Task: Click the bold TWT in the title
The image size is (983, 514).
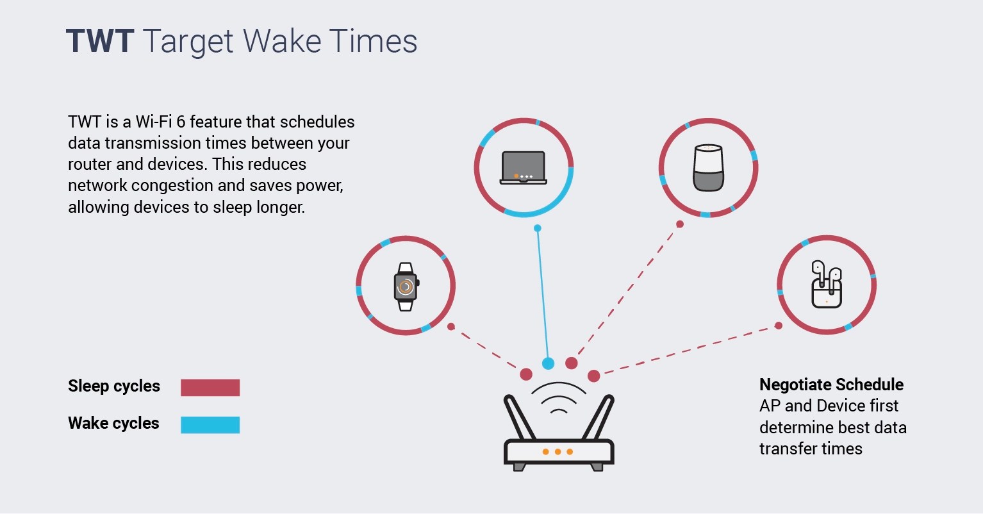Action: (x=100, y=42)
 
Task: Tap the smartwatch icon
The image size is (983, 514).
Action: (x=406, y=286)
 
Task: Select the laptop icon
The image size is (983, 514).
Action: (x=524, y=168)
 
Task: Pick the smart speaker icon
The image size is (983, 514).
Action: (x=708, y=168)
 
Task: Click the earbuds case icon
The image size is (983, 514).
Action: (x=827, y=285)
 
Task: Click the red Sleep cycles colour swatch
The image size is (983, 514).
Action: (x=210, y=387)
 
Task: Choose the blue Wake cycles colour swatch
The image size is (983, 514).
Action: (x=210, y=425)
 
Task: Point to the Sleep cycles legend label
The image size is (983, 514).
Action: (x=114, y=386)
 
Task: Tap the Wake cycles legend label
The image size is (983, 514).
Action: (x=113, y=424)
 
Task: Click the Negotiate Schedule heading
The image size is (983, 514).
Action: (x=831, y=385)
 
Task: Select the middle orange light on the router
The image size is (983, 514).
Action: (x=558, y=452)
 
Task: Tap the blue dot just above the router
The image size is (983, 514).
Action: (x=548, y=363)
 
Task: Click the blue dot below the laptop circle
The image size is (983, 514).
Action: (x=538, y=228)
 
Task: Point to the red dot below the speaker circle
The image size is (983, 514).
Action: (x=680, y=224)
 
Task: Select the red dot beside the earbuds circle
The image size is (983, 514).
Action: (x=779, y=326)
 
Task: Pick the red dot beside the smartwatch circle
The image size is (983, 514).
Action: (x=451, y=327)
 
